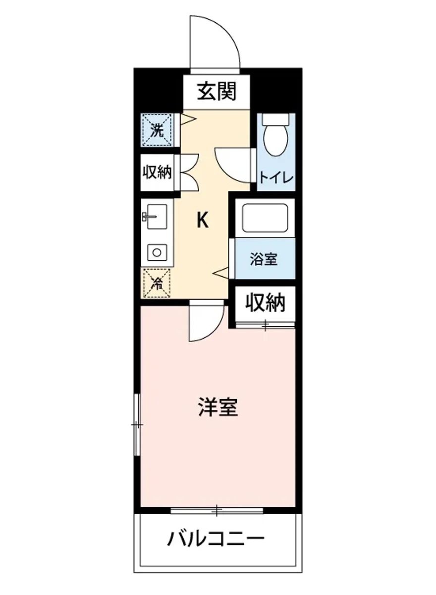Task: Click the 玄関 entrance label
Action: [216, 92]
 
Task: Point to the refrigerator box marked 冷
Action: [157, 283]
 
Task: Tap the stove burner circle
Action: [157, 252]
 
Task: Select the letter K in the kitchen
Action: [202, 220]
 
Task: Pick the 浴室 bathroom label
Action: [264, 259]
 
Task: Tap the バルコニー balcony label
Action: [216, 538]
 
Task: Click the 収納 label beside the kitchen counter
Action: [157, 173]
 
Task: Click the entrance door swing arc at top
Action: [218, 40]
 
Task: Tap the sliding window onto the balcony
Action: [217, 509]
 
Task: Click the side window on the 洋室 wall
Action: [137, 425]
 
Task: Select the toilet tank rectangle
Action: [275, 119]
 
